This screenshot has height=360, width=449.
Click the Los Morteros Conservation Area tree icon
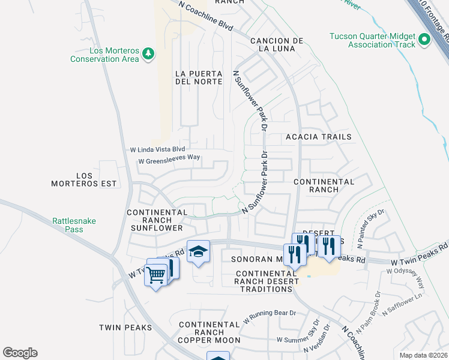point(148,55)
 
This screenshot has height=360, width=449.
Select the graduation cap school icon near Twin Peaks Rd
point(197,252)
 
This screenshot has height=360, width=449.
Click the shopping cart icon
point(156,275)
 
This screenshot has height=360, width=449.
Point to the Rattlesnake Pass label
point(74,225)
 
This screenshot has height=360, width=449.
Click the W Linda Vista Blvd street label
point(158,149)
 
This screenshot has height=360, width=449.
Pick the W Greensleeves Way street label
point(169,160)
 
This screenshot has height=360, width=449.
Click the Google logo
point(20,353)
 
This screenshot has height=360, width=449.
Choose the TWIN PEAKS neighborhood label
point(122,328)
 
